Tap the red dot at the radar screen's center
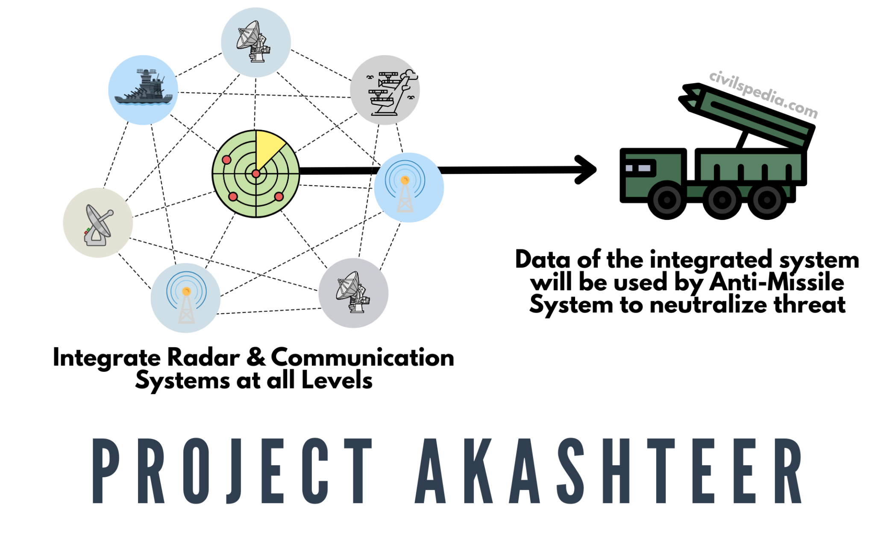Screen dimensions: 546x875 tap(255, 174)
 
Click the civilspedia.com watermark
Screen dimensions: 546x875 tap(763, 94)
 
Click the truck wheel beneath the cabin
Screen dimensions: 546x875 tap(667, 200)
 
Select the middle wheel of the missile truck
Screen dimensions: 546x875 tap(722, 200)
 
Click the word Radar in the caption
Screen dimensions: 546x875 tap(203, 357)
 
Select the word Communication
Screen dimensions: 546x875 tap(362, 357)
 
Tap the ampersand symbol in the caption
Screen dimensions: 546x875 tap(256, 357)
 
